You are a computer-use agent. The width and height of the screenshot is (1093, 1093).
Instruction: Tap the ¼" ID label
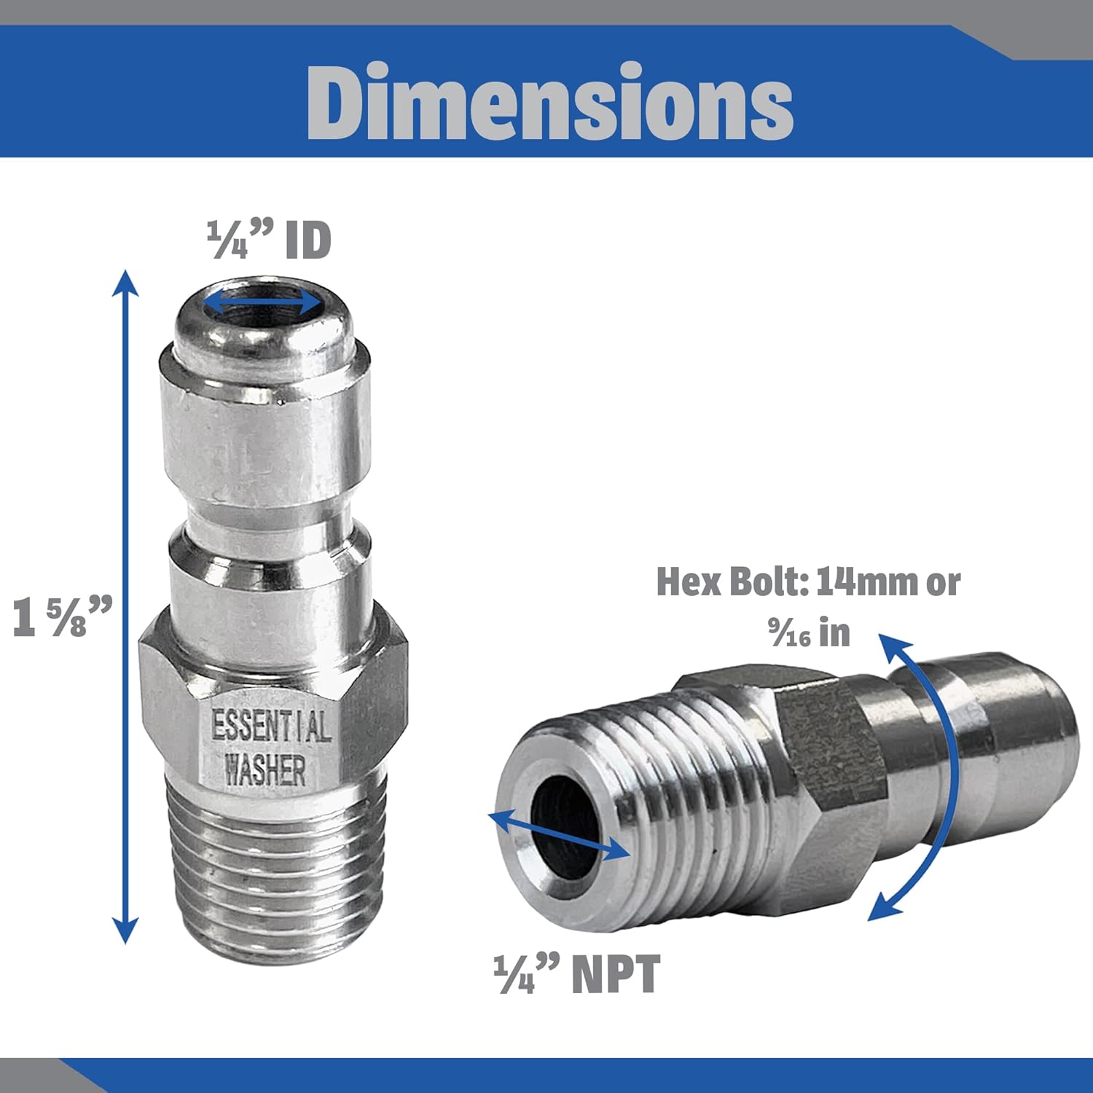coord(269,240)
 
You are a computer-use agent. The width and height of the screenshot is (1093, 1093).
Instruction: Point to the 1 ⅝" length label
coord(63,616)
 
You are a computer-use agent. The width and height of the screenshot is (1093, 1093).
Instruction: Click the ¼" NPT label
coord(576,974)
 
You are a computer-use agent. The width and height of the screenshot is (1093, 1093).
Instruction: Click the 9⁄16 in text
coord(809,632)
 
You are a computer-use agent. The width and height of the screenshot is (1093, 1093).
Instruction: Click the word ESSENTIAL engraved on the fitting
coord(270,726)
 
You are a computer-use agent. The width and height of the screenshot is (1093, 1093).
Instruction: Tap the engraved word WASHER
coord(265,769)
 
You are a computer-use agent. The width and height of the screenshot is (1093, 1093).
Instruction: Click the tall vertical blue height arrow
coord(127,605)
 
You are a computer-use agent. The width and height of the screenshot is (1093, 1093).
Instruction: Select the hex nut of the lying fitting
coord(823,772)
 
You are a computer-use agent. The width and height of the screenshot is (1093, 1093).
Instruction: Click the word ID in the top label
coord(307,240)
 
